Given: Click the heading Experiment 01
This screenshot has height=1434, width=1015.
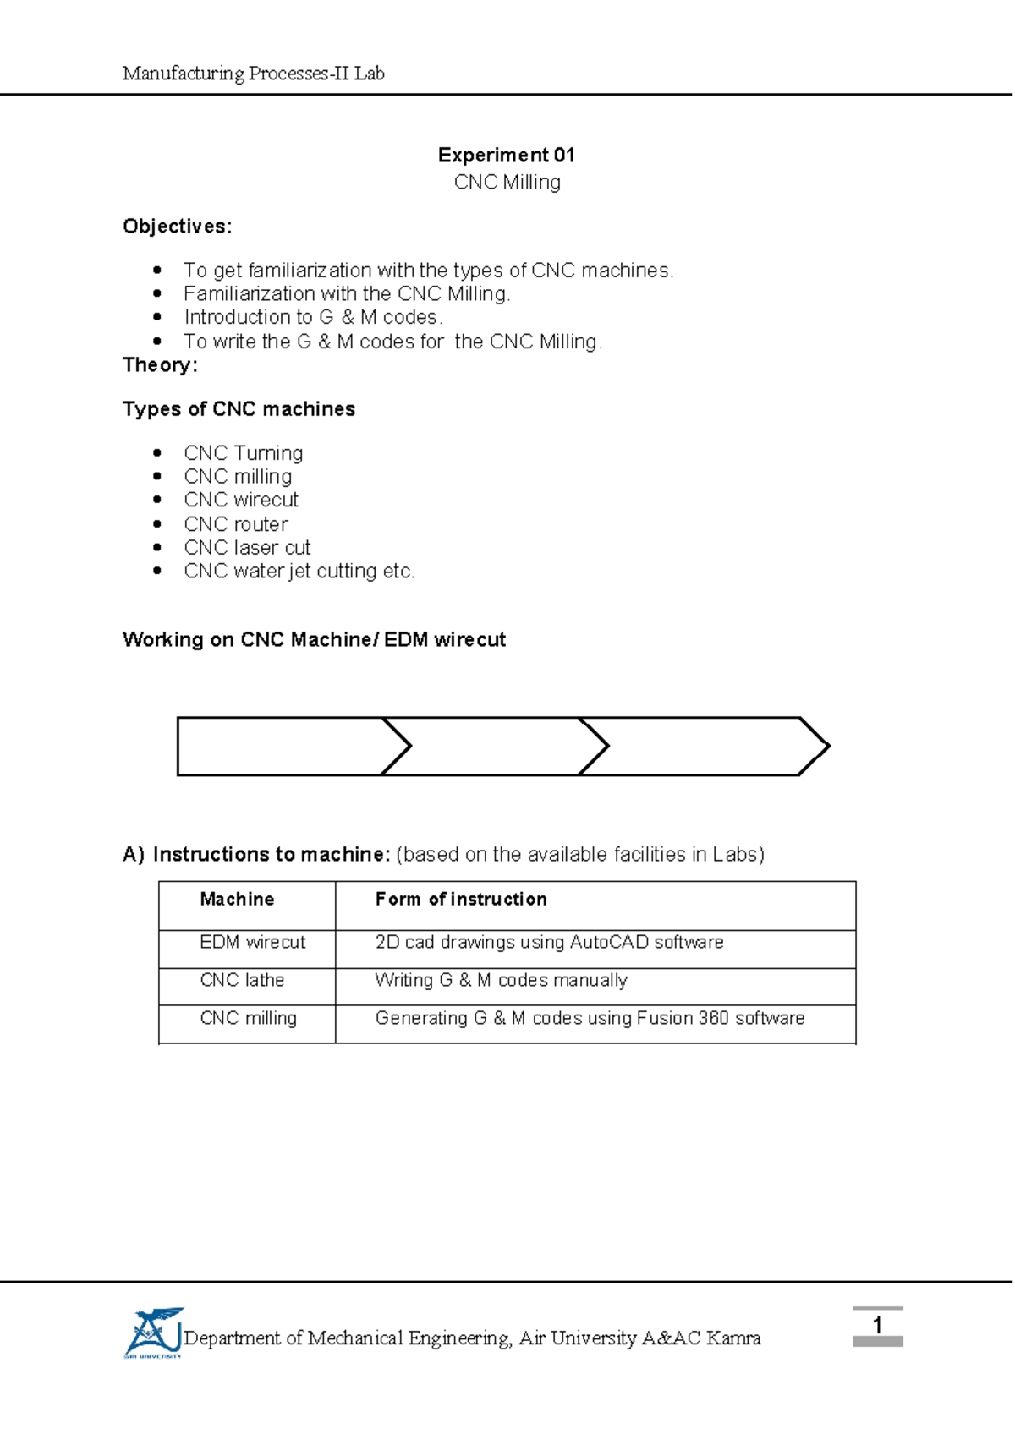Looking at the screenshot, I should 506,155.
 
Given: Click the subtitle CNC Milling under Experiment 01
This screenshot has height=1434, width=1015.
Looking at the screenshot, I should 507,182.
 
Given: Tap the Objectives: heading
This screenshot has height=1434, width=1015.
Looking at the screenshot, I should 177,227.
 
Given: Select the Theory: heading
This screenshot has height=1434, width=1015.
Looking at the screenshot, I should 160,364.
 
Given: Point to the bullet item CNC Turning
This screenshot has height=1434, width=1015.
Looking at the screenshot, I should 243,453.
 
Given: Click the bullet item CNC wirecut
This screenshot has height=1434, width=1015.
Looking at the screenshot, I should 241,500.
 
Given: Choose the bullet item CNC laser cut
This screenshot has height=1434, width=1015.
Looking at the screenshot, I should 247,547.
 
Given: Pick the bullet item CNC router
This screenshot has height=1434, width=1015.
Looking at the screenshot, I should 236,523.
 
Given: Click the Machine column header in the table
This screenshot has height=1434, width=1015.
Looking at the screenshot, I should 237,899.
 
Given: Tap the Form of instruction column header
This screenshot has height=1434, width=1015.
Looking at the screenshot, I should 461,899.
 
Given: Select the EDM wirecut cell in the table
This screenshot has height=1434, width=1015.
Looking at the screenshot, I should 252,942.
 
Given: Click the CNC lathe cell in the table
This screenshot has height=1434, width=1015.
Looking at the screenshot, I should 242,980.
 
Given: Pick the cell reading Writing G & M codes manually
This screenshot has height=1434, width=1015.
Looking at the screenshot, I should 501,980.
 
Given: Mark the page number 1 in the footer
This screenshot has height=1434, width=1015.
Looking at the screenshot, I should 877,1325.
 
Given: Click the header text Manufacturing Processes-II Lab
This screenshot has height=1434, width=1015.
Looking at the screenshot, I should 253,74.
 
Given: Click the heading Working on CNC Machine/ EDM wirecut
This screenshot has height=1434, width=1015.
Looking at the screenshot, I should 314,639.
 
